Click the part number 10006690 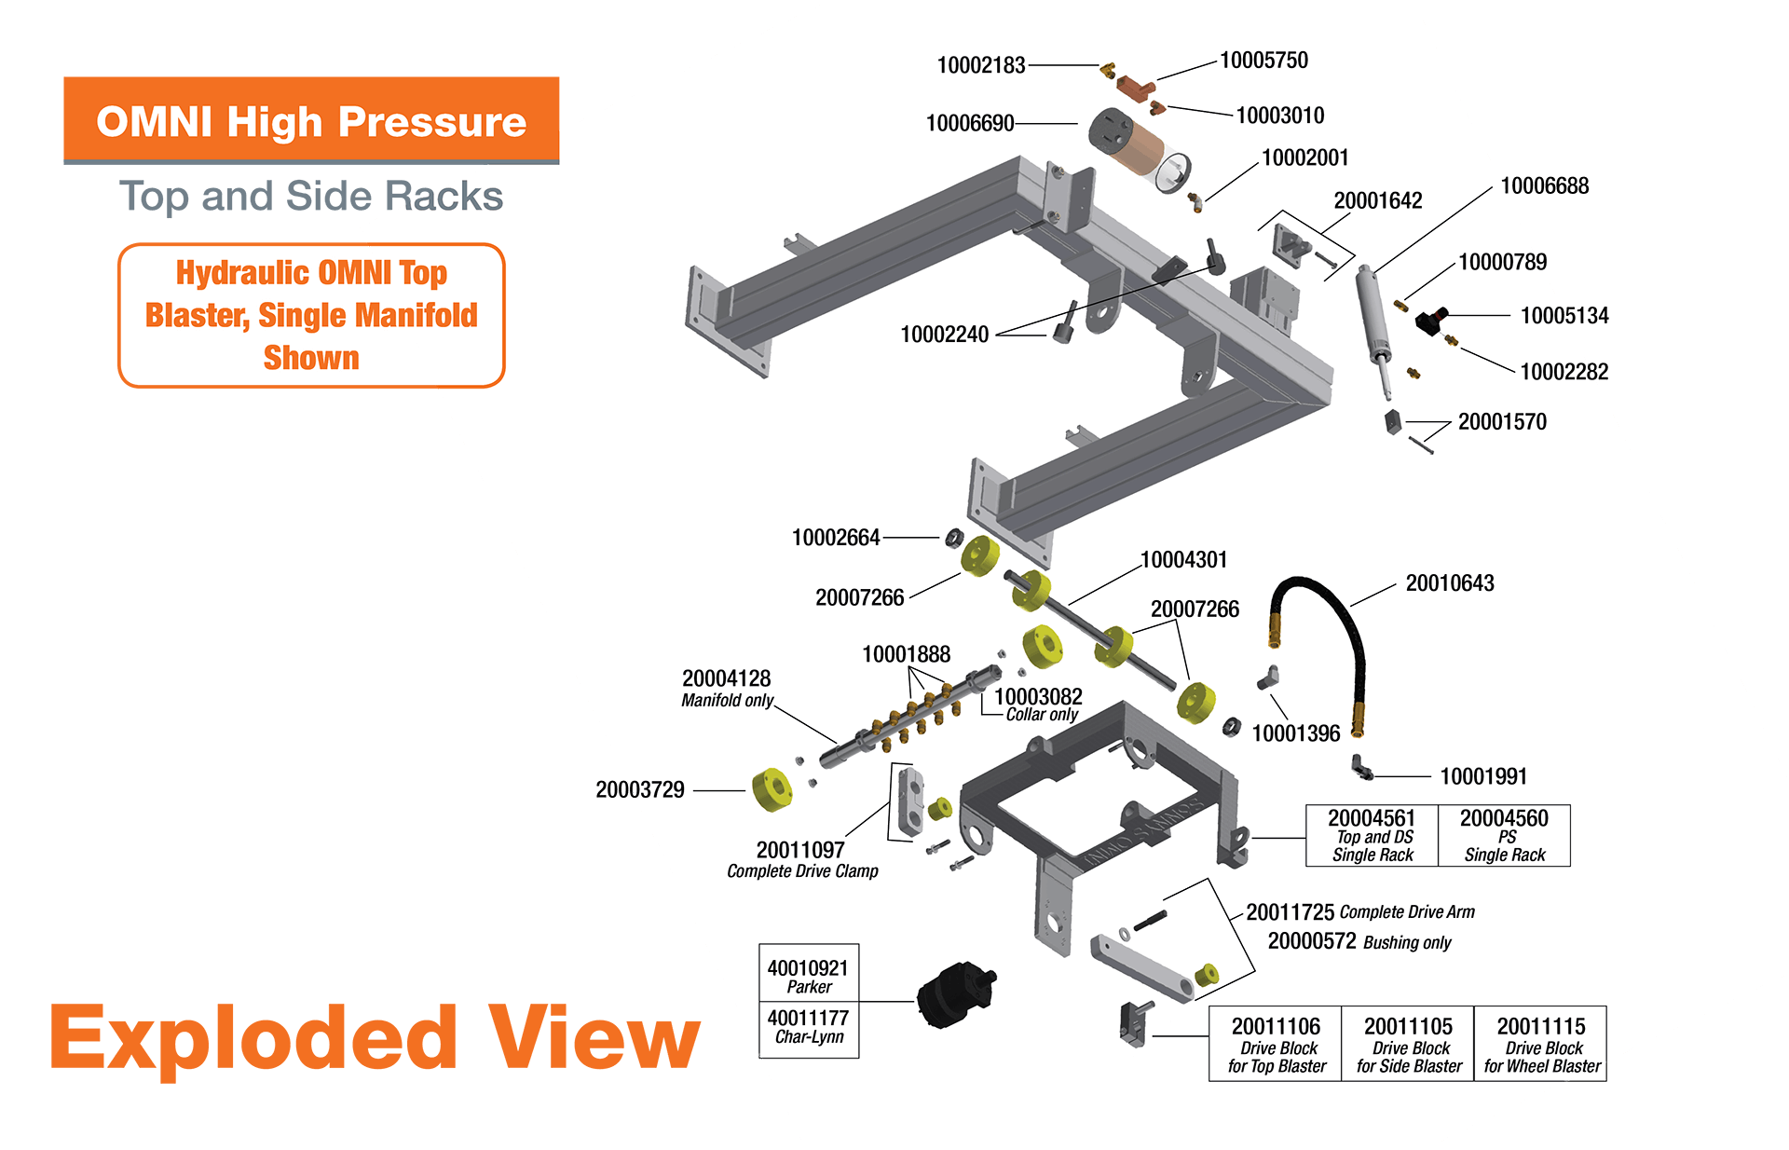pyautogui.click(x=970, y=123)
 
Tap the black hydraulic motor pyautogui.click(x=953, y=994)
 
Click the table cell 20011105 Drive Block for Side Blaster pyautogui.click(x=1408, y=1044)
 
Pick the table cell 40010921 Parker pyautogui.click(x=808, y=975)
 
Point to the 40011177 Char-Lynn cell pyautogui.click(x=808, y=1025)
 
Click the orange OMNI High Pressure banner pyautogui.click(x=311, y=121)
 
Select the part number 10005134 pyautogui.click(x=1564, y=316)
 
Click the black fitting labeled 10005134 pyautogui.click(x=1430, y=321)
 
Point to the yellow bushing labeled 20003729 pyautogui.click(x=772, y=789)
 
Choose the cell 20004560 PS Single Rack pyautogui.click(x=1504, y=835)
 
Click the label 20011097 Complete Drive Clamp pyautogui.click(x=802, y=858)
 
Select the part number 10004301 pyautogui.click(x=1183, y=560)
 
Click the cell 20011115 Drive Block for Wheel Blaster pyautogui.click(x=1541, y=1044)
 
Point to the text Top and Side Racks pyautogui.click(x=311, y=197)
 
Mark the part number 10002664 pyautogui.click(x=836, y=538)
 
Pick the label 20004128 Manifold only pyautogui.click(x=727, y=688)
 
